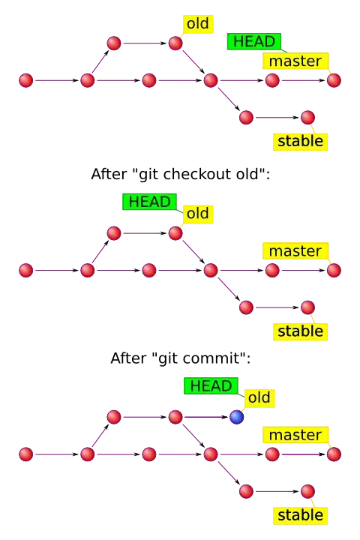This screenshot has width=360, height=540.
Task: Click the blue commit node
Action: click(237, 417)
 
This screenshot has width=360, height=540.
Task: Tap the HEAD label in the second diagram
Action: click(150, 202)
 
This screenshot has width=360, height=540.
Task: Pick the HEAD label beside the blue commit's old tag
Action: click(211, 385)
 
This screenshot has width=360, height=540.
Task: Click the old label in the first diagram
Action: click(197, 24)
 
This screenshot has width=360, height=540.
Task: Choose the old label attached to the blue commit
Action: click(259, 397)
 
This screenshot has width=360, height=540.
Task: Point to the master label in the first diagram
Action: click(295, 61)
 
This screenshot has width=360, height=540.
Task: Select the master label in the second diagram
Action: click(295, 250)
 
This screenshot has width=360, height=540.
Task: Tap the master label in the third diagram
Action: click(295, 435)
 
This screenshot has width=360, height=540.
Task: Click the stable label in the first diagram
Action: click(300, 141)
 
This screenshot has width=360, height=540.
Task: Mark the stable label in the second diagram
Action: click(300, 331)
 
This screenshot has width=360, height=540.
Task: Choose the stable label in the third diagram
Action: click(300, 515)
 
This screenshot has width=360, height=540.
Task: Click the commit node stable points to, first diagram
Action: click(307, 117)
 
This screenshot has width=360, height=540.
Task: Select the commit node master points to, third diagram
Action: click(333, 454)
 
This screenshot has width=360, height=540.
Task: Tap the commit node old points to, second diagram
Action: click(175, 233)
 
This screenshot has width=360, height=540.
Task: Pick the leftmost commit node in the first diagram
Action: click(26, 80)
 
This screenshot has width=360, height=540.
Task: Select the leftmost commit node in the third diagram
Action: click(26, 454)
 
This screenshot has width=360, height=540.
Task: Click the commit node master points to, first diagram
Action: click(333, 80)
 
